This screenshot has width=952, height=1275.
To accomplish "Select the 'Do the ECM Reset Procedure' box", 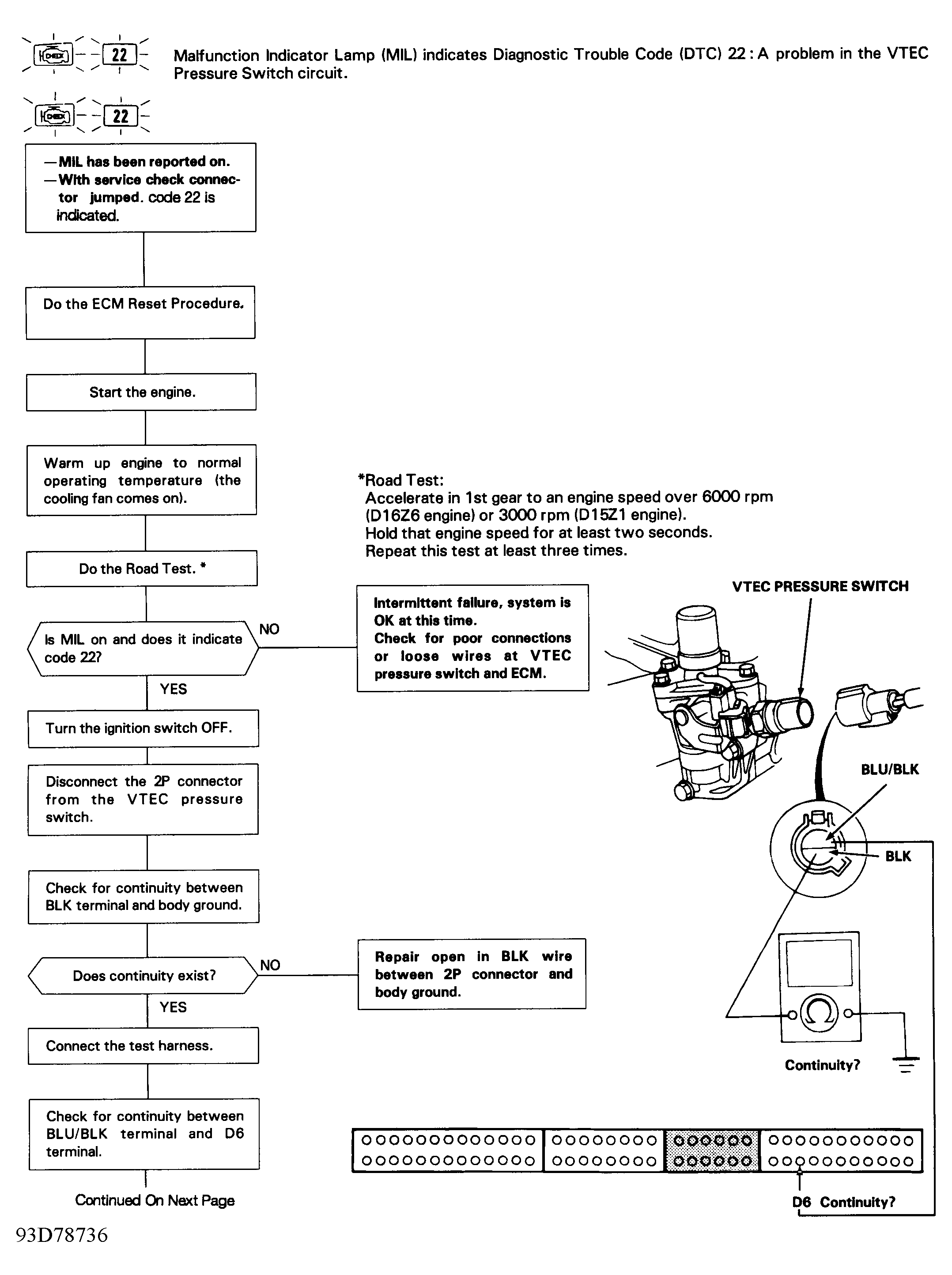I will [x=140, y=312].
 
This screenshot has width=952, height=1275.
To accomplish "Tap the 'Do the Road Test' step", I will [x=142, y=569].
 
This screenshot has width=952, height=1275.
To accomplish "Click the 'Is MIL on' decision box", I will [x=143, y=648].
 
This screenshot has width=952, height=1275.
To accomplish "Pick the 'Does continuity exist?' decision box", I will [x=144, y=975].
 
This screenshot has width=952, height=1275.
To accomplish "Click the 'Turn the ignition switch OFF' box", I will [x=143, y=728].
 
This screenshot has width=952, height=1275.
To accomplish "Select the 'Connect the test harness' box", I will [x=144, y=1046].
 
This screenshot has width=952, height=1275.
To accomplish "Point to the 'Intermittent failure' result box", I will [x=472, y=638].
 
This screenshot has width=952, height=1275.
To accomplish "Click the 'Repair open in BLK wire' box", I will [x=472, y=973].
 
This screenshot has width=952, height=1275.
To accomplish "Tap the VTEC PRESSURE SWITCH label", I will [x=820, y=587].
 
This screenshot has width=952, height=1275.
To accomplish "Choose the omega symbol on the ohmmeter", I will [x=820, y=1013].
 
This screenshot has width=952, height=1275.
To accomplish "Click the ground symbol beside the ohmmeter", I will [x=906, y=1064].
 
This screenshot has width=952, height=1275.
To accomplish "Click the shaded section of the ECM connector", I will [x=713, y=1151].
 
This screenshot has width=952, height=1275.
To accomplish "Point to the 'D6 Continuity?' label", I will [x=843, y=1202].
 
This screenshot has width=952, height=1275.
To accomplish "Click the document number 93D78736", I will [x=62, y=1235].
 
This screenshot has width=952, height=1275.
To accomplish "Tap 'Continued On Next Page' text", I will [x=155, y=1200].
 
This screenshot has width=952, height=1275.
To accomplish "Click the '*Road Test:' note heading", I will [x=401, y=480].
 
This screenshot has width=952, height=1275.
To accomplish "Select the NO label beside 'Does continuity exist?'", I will [x=270, y=965].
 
